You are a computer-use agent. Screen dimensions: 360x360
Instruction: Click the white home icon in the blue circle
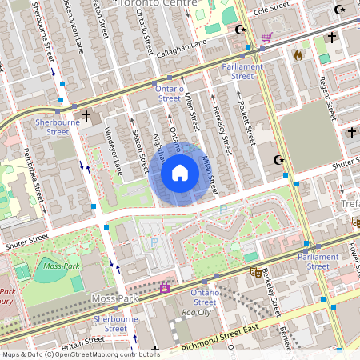[x=180, y=173]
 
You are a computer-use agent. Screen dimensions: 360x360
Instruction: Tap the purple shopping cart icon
[x=266, y=36]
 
